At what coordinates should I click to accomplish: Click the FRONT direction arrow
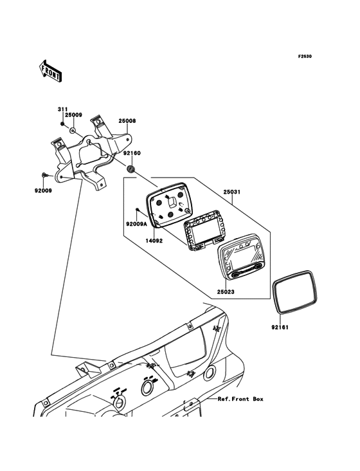coord(50,71)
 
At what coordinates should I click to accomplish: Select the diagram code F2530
coord(305,56)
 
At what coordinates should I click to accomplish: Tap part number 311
coord(63,109)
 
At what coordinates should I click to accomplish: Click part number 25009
coord(73,115)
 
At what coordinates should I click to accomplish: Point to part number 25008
coord(127,121)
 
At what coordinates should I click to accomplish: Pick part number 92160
coord(132,153)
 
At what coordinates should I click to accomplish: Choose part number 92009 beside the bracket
coord(43,190)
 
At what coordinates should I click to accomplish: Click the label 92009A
coord(136,224)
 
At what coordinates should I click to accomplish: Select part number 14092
coord(154,241)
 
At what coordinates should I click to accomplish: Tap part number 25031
coord(232,192)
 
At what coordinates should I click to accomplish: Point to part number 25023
coord(226,291)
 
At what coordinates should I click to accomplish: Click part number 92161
coord(280,328)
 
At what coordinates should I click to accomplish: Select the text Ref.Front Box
coord(240,399)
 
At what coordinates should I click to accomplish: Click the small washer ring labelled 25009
coord(73,131)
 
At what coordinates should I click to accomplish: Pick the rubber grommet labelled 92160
coord(130,169)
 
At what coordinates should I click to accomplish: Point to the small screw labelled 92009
coord(44,174)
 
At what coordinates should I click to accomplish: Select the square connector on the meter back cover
coord(172,202)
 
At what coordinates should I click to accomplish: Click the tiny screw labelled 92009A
coord(137,209)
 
